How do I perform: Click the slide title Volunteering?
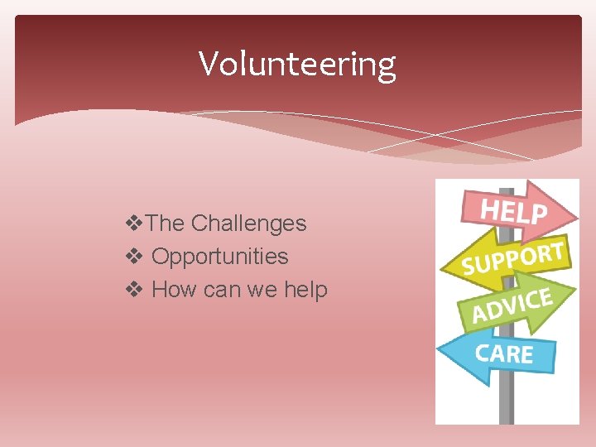297,64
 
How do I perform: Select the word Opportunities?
220,257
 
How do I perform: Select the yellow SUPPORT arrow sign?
513,259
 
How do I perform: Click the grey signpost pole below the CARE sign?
507,401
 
